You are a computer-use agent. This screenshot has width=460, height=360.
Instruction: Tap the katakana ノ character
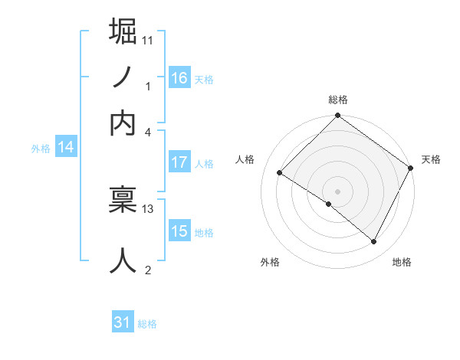(123, 77)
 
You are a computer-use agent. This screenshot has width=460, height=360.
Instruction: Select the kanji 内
(123, 123)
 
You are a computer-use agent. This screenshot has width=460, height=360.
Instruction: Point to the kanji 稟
(123, 200)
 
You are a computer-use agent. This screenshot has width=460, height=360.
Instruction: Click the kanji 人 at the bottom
(123, 260)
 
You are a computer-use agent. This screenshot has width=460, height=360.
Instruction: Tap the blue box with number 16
(179, 78)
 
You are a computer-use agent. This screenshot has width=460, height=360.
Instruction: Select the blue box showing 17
(179, 162)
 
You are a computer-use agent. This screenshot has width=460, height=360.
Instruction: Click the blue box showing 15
(179, 231)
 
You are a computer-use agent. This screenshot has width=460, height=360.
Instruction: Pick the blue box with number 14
(65, 148)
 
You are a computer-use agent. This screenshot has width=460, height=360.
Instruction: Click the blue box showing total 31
(123, 323)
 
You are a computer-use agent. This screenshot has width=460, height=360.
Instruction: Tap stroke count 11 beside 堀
(149, 39)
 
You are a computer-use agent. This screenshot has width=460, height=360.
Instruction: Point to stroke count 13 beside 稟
(149, 208)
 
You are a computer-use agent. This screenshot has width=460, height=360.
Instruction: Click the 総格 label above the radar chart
(338, 100)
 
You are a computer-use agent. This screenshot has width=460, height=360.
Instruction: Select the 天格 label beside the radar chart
(431, 159)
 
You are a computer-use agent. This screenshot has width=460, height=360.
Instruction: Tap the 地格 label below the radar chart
(402, 262)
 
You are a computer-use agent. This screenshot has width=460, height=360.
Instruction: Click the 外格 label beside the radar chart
(270, 262)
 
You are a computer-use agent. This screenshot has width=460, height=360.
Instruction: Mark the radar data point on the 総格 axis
(338, 116)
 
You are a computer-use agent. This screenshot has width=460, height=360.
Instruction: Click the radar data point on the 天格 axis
(412, 168)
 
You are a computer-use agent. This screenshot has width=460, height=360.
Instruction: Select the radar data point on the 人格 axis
(280, 172)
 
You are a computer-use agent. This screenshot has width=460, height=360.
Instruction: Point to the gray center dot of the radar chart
(338, 191)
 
